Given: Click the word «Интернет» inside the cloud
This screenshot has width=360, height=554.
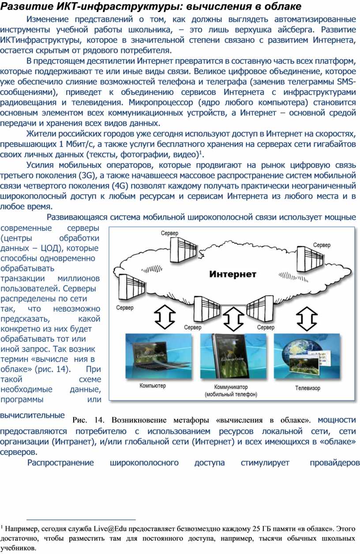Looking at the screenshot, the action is [232, 274].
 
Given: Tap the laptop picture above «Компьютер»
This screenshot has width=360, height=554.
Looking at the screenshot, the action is [158, 356].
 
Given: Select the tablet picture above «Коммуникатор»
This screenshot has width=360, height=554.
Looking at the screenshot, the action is [233, 356].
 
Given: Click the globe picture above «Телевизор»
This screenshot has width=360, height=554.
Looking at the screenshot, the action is [307, 356].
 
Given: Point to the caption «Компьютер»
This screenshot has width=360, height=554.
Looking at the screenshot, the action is [153, 385].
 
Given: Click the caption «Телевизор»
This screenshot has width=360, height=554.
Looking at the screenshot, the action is [307, 388].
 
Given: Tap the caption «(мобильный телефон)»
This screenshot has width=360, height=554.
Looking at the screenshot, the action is [231, 394].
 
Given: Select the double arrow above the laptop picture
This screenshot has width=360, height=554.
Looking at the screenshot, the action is [165, 317].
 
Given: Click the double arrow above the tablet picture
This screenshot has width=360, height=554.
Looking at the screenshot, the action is [233, 319].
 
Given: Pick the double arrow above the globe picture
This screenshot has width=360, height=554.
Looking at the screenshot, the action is [307, 319].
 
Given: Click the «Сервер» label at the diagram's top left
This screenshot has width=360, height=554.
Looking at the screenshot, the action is [169, 233].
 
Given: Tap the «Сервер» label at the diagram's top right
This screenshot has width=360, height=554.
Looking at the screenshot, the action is [322, 245].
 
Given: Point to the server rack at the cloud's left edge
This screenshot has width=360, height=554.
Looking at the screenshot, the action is [132, 287].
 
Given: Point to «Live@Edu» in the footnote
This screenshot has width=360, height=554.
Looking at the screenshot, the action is [110, 529].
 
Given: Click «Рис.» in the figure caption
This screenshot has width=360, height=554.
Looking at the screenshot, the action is [79, 420].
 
